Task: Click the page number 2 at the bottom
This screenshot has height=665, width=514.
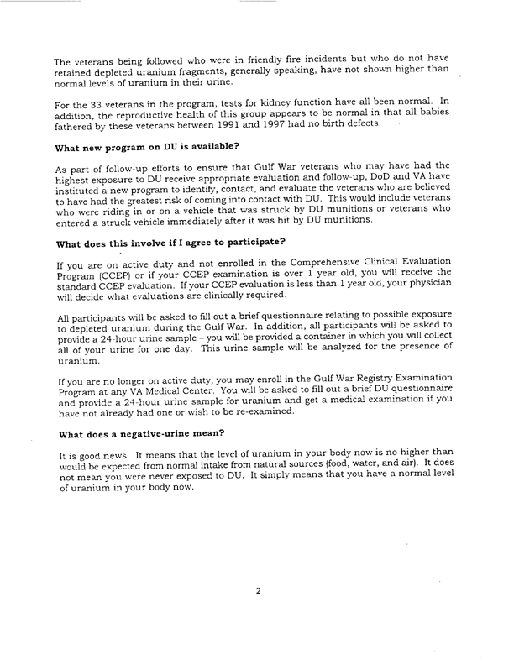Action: (x=258, y=591)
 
